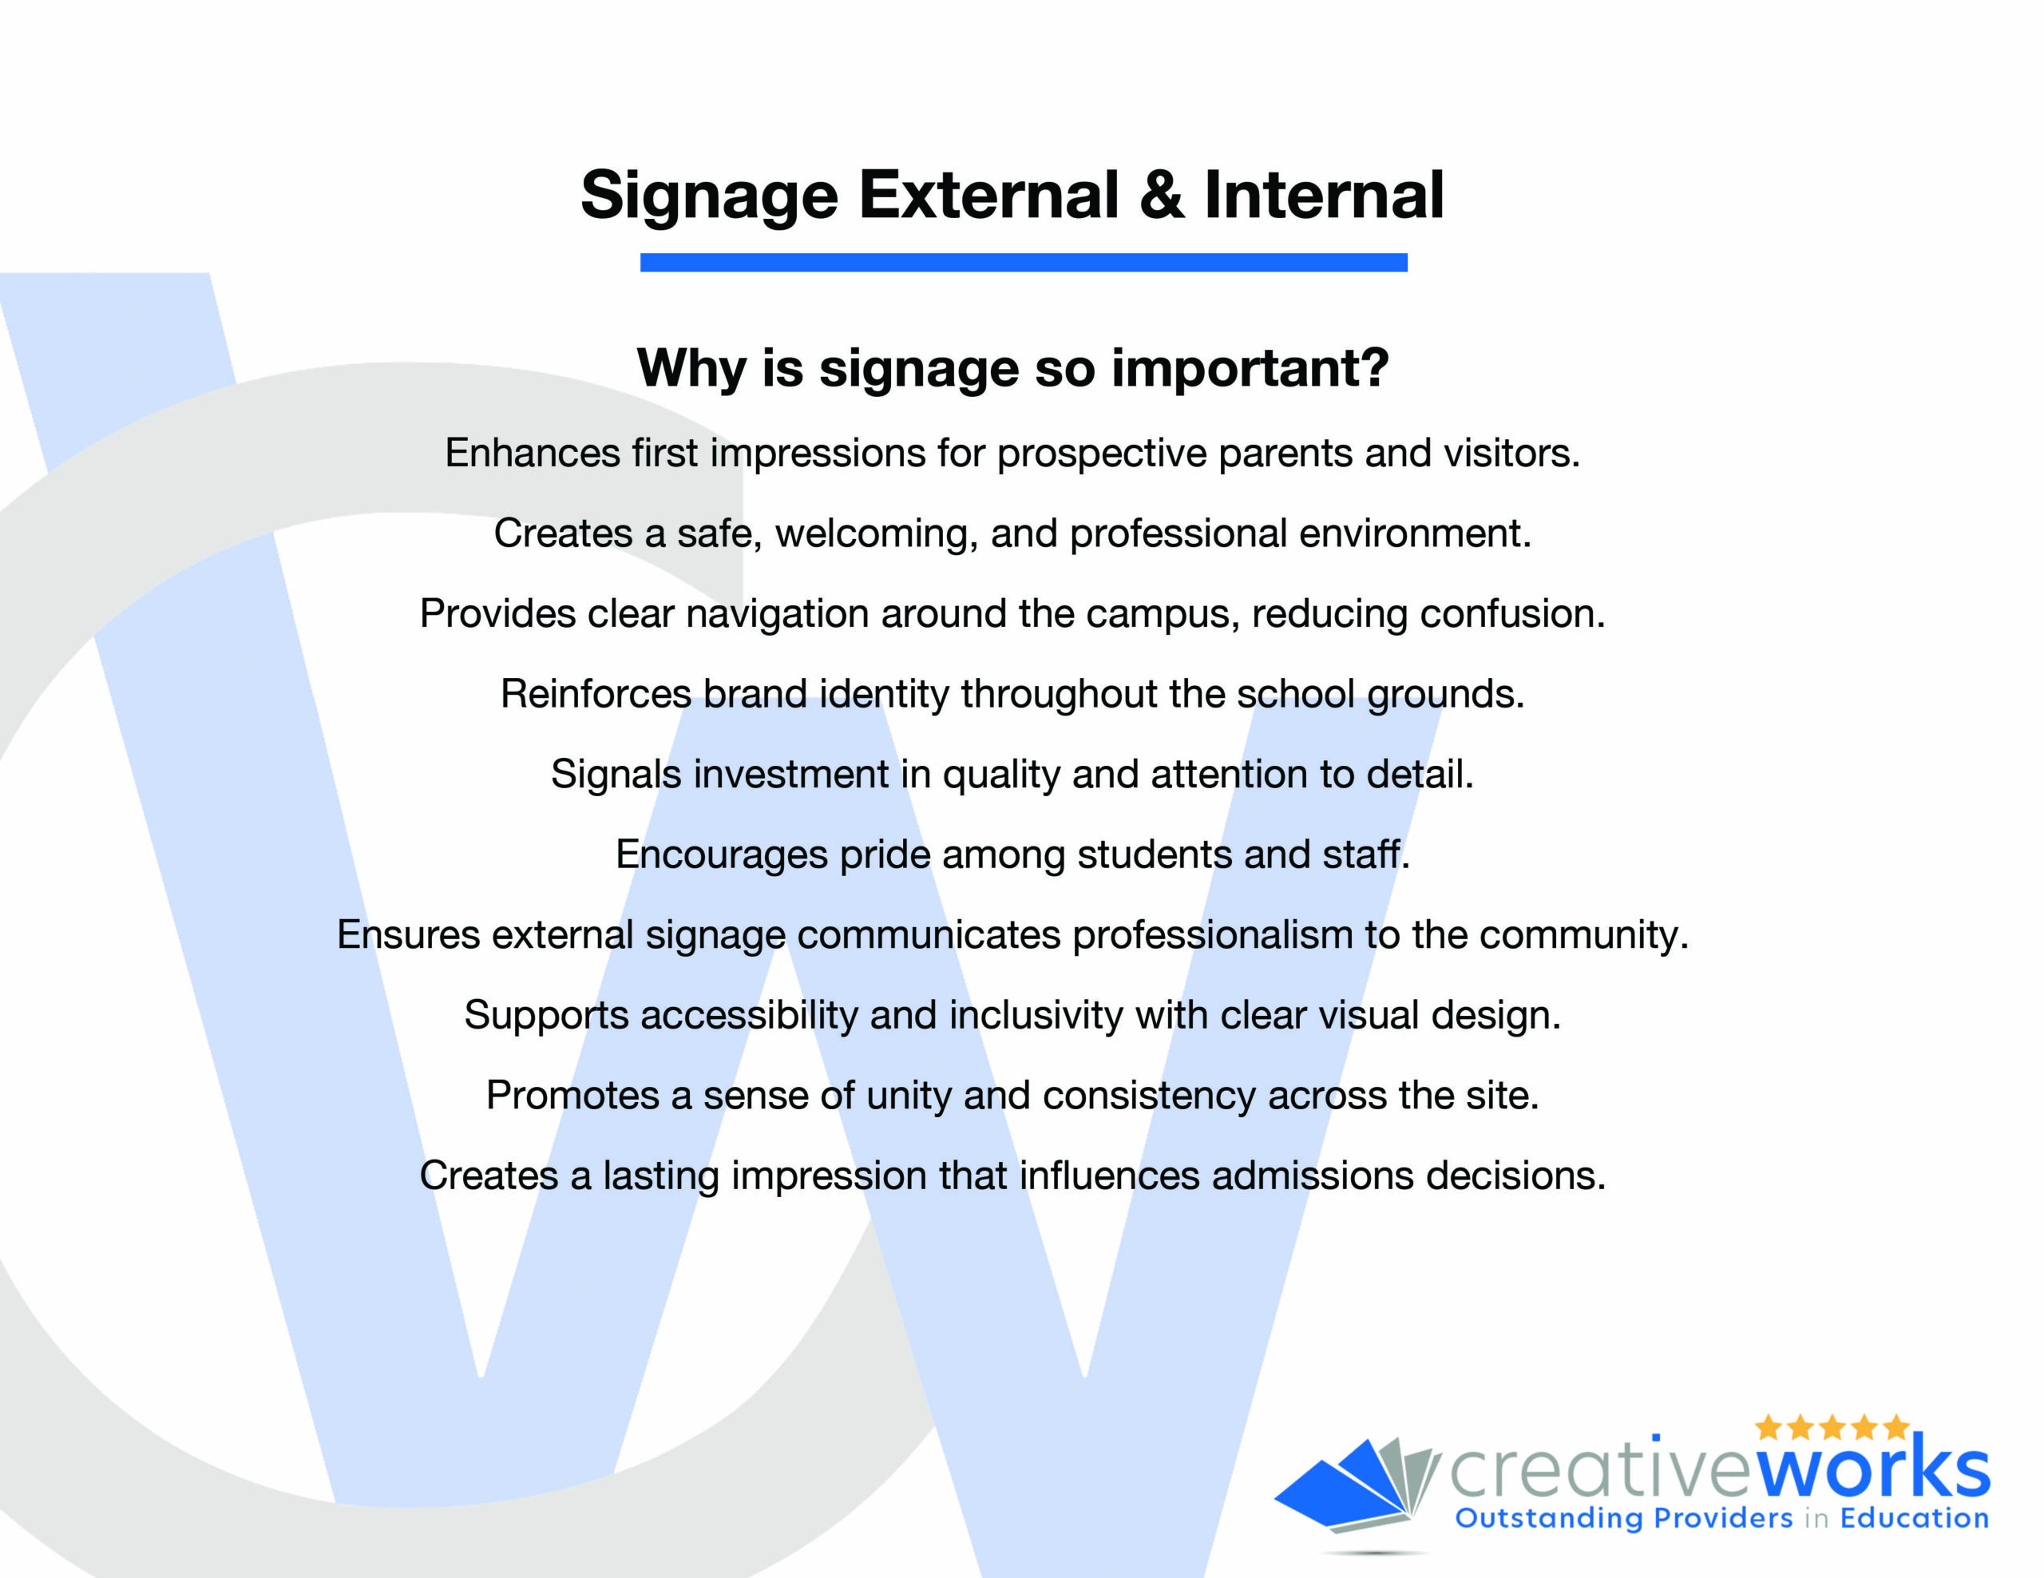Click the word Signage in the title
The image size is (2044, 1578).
pyautogui.click(x=708, y=197)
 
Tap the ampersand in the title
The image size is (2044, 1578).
pyautogui.click(x=1162, y=194)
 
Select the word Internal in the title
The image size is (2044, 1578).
pyautogui.click(x=1323, y=194)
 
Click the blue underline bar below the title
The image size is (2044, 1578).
pyautogui.click(x=1023, y=262)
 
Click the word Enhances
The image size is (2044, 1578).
pyautogui.click(x=533, y=453)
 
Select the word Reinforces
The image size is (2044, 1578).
pyautogui.click(x=595, y=693)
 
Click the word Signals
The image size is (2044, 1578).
pyautogui.click(x=616, y=774)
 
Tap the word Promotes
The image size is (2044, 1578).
pyautogui.click(x=572, y=1095)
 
